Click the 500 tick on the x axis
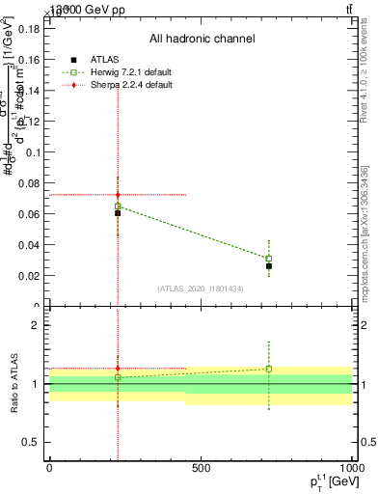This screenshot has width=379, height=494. tap(201, 469)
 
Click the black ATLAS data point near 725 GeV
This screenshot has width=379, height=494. tap(269, 265)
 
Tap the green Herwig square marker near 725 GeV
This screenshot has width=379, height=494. tap(269, 259)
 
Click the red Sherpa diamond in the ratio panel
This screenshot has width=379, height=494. tap(118, 368)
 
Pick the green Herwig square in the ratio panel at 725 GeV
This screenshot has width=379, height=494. tap(269, 369)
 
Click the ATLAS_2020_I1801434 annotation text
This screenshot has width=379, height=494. tap(201, 288)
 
